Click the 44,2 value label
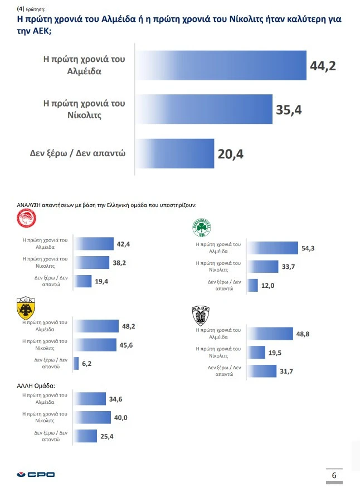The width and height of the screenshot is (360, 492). [x=323, y=66]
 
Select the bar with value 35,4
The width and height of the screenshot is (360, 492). [x=204, y=110]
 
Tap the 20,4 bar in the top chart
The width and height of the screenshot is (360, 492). [x=175, y=153]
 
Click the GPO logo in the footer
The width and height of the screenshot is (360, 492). [x=36, y=475]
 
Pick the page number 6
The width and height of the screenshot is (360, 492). [x=334, y=475]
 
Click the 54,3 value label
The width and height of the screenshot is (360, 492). [x=308, y=248]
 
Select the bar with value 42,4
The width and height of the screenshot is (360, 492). [x=94, y=244]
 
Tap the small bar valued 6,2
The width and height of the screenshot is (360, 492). [x=77, y=363]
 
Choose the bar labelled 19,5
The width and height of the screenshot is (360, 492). [x=256, y=352]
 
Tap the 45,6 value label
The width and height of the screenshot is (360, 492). [x=126, y=345]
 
